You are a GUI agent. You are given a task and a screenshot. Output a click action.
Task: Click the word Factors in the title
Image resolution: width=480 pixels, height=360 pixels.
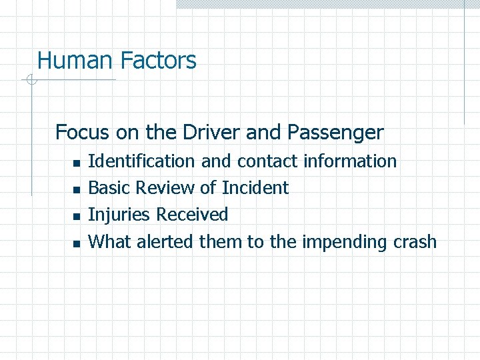click(x=158, y=61)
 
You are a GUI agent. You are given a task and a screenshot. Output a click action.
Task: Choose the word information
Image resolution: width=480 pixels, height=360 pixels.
click(x=350, y=161)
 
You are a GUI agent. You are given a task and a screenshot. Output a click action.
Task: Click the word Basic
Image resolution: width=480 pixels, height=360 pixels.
click(x=109, y=188)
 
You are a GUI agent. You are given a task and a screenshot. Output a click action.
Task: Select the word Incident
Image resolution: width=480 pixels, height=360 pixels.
click(x=255, y=188)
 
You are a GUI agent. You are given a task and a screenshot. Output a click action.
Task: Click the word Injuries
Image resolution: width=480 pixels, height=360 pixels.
click(x=119, y=215)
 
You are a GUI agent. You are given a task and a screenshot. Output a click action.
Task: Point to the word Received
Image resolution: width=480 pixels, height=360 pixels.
click(x=192, y=215)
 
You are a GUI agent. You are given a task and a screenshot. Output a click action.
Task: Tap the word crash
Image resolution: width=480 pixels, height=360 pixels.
click(x=413, y=241)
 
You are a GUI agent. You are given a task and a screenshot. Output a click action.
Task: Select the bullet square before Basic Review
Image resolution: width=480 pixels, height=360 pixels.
click(x=75, y=190)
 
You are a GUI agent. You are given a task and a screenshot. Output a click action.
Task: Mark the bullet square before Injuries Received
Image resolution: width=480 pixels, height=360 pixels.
click(x=75, y=217)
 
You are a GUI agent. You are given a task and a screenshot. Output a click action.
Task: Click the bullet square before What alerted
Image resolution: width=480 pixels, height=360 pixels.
click(x=75, y=243)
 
